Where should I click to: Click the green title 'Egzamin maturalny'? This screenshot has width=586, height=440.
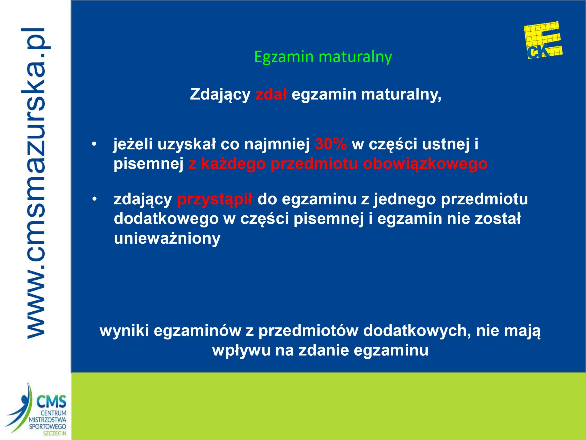tap(323, 57)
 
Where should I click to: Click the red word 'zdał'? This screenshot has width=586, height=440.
tap(271, 94)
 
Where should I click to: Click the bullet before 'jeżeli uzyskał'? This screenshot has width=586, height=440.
tap(94, 145)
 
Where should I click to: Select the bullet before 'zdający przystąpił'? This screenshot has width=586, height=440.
tap(94, 199)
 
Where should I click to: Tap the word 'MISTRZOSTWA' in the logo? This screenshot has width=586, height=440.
tap(47, 420)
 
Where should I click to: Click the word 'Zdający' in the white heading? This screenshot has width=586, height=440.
tap(220, 95)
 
